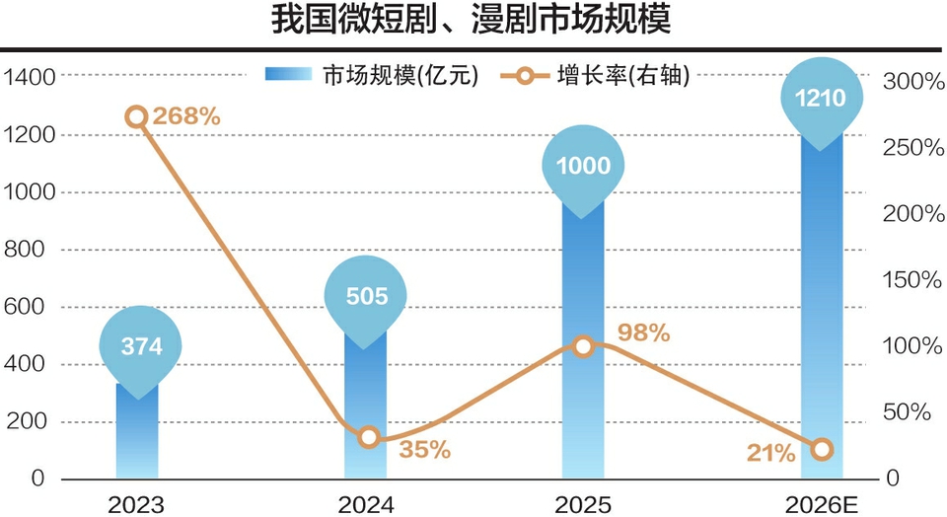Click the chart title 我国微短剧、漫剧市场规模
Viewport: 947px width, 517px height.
473,22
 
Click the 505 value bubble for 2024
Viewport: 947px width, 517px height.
366,295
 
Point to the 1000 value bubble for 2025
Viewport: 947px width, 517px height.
584,166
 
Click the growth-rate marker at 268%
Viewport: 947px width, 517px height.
137,117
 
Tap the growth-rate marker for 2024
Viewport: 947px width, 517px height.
368,437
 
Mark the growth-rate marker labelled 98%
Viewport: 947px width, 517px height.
583,345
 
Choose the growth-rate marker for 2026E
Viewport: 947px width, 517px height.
822,450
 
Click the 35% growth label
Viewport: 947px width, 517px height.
424,450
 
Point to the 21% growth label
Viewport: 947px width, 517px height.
770,453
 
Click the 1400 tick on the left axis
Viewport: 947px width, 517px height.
30,76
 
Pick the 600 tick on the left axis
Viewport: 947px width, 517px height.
36,307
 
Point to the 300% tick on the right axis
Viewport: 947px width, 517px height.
913,82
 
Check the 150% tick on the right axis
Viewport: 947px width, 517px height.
913,280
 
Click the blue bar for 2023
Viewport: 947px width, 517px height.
137,434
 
